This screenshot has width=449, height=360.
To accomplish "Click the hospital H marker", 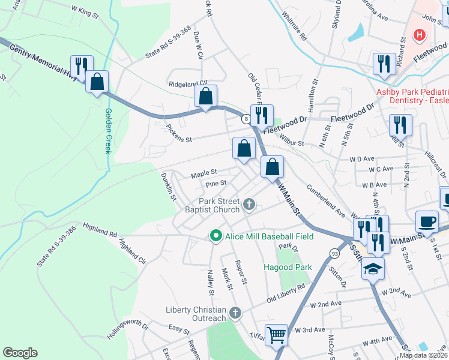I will pos(419,35).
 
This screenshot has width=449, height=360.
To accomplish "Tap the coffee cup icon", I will pos(427,221).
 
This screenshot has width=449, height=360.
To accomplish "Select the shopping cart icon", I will pos(276,334).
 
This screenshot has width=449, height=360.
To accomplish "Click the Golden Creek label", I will pos(109,131).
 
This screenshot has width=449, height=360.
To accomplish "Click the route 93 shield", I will pos(334,253).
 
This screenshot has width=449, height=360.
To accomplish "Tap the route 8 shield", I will pos(246,119).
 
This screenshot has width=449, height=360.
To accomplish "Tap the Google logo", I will pos(20,353).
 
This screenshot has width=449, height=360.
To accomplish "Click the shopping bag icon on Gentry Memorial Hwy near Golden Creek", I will pos(97,82).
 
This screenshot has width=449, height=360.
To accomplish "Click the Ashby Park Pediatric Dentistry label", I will pos(412,97).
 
